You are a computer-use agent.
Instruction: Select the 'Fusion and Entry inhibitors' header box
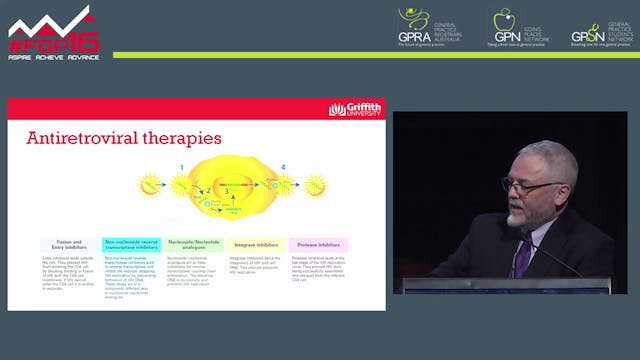(x=69, y=243)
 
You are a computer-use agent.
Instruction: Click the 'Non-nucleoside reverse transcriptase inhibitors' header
(x=130, y=243)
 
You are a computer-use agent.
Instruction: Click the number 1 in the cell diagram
(x=182, y=166)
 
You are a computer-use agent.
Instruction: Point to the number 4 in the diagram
(x=283, y=166)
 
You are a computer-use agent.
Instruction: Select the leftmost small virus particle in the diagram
(x=151, y=184)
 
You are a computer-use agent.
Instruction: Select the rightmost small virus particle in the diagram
(x=315, y=185)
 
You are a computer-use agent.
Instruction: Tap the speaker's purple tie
(x=522, y=254)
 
